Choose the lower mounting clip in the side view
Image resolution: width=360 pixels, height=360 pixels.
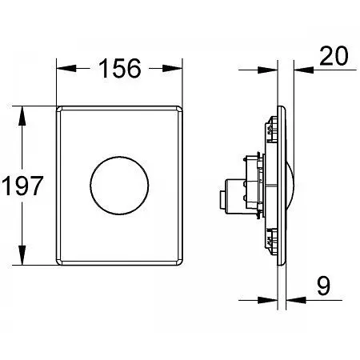click(269, 235)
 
